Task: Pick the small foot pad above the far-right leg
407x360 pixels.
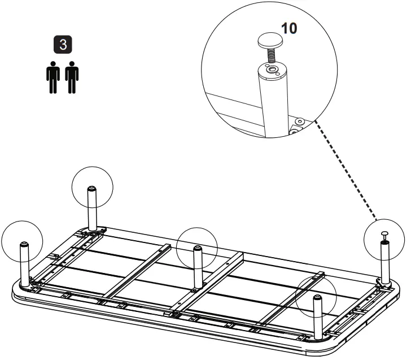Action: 385,233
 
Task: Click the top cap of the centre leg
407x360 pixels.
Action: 196,248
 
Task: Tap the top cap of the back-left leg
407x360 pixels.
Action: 91,188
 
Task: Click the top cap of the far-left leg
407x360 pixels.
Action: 25,244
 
